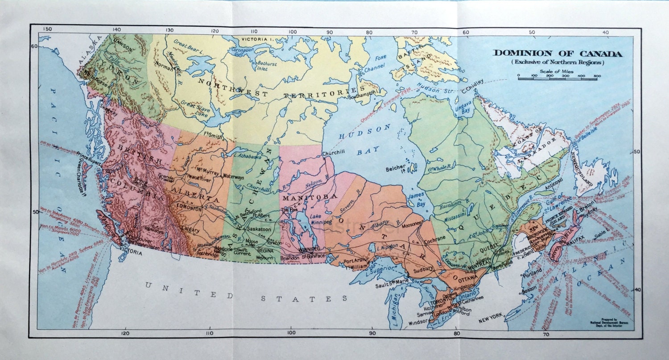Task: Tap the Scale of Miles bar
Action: (x=559, y=77)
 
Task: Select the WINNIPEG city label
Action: (x=310, y=248)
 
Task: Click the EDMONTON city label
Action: (x=190, y=207)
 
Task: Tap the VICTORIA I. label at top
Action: (x=257, y=39)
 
